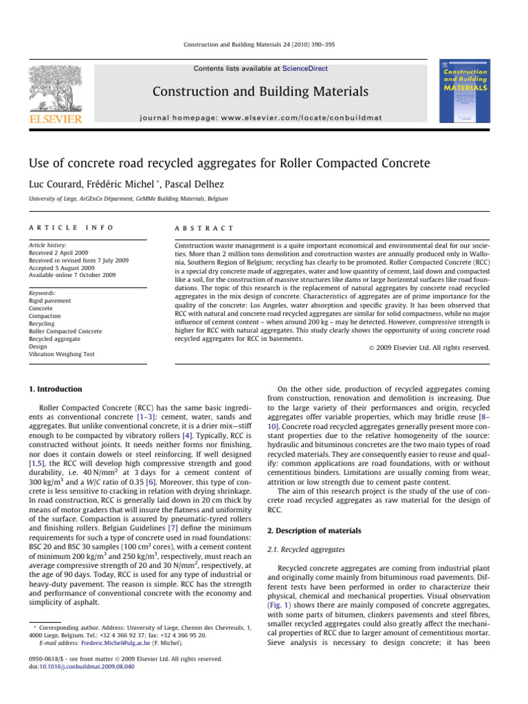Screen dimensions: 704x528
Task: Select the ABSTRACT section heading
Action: [x=204, y=228]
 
